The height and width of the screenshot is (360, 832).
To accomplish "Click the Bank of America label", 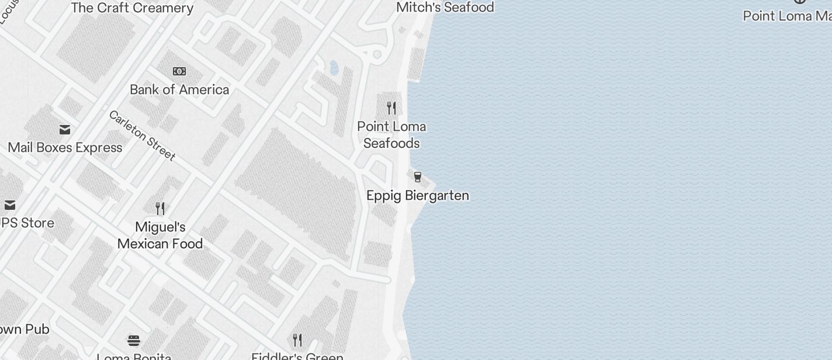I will coord(179,89).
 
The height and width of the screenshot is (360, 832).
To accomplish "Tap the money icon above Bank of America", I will coord(179,71).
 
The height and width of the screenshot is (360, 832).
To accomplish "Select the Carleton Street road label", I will coord(142,135).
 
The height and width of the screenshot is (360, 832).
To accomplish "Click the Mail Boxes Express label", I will coord(65,147).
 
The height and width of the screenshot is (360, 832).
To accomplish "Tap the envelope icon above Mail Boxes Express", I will coord(65,129).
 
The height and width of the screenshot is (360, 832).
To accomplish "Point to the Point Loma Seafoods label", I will coord(391,135).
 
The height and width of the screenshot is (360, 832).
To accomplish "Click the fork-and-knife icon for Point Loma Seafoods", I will coord(391,108).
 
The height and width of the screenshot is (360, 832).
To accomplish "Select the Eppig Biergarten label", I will coord(418,195).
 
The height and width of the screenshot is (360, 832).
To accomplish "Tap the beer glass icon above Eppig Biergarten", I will coord(418,177).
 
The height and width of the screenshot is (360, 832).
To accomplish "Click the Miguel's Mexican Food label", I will coord(160,236).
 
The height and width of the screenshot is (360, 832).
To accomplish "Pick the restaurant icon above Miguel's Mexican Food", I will coord(160,209).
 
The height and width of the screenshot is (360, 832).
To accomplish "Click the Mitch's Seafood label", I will coord(445,7).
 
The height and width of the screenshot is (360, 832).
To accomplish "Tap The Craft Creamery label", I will coord(132,8).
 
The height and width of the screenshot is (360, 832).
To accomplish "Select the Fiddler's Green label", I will coord(297,356).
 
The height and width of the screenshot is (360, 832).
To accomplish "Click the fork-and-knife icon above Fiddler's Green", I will coord(297,340).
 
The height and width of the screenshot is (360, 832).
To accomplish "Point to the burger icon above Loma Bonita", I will coord(134,340).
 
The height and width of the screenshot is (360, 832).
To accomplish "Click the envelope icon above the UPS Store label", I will coord(10,205).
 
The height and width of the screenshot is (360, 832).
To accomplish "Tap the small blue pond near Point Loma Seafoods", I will coord(334,68).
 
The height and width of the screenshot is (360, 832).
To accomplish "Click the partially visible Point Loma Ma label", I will coord(787,16).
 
